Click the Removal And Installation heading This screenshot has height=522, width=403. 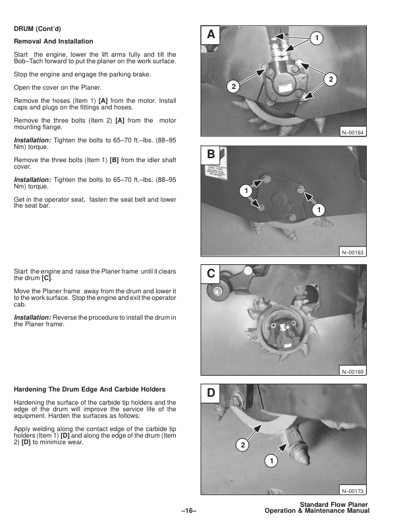[x=53, y=42]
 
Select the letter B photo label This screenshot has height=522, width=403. [x=211, y=156]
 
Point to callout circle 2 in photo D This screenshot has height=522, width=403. [x=242, y=445]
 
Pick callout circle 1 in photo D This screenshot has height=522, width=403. [x=269, y=460]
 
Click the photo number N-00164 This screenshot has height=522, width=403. [x=353, y=132]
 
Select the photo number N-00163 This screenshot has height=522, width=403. [x=353, y=252]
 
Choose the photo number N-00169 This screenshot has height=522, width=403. [x=353, y=372]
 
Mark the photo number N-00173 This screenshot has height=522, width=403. [x=353, y=490]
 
